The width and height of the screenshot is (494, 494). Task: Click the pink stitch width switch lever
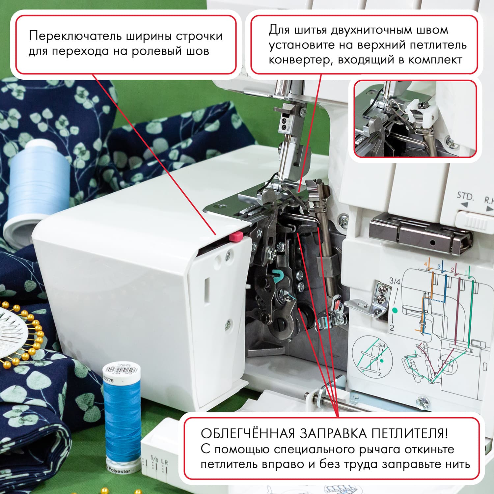click(x=236, y=236)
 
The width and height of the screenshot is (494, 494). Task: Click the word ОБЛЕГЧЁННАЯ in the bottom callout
click(x=247, y=434)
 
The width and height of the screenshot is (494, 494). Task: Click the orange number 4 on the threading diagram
click(x=425, y=264)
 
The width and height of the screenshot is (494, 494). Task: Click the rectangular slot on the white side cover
click(x=207, y=290)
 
